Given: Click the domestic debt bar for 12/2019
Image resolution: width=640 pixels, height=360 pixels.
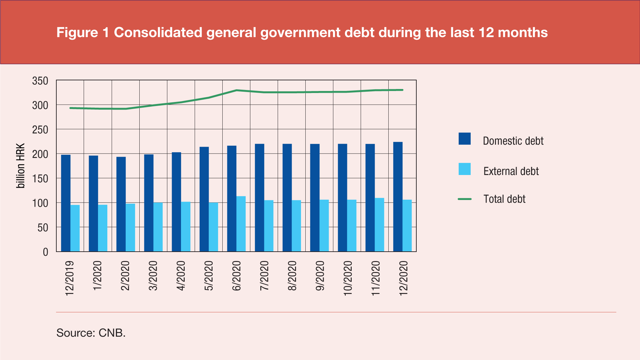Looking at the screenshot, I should click(x=66, y=203).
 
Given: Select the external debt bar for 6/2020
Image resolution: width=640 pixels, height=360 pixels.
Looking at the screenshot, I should click(x=241, y=224).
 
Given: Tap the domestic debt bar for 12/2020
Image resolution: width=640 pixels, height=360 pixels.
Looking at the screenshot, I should click(x=398, y=197).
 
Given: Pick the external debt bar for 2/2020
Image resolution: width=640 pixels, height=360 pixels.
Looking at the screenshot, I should click(x=130, y=227).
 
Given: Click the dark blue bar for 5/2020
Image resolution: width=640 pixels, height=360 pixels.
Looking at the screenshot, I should click(x=204, y=199).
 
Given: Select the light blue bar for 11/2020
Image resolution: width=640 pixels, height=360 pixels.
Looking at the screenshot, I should click(x=379, y=225).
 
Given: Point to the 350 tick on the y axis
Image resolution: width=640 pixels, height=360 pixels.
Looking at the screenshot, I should click(x=40, y=81).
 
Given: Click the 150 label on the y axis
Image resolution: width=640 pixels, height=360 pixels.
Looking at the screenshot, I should click(x=40, y=179).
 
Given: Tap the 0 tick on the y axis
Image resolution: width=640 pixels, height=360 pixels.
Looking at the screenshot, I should click(x=46, y=252).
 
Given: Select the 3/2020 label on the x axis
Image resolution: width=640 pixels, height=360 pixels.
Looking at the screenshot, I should click(x=153, y=276).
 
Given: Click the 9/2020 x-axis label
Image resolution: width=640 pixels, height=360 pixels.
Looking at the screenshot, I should click(x=320, y=276).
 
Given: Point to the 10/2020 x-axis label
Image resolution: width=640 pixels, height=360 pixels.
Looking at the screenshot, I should click(x=348, y=278).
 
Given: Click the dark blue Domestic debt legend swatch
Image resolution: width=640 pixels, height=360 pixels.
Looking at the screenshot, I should click(x=464, y=139).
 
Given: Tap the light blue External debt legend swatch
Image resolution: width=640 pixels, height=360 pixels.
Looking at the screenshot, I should click(x=464, y=169).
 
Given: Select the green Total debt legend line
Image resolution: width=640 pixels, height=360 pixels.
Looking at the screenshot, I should click(x=464, y=199).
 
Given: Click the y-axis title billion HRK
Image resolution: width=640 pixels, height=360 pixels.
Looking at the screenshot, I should click(x=21, y=166).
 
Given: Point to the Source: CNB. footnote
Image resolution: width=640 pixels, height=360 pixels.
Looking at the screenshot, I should click(x=91, y=333).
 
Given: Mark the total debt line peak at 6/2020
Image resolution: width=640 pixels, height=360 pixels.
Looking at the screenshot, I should click(x=236, y=90).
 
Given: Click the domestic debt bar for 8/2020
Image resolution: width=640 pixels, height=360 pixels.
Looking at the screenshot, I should click(x=287, y=198).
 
